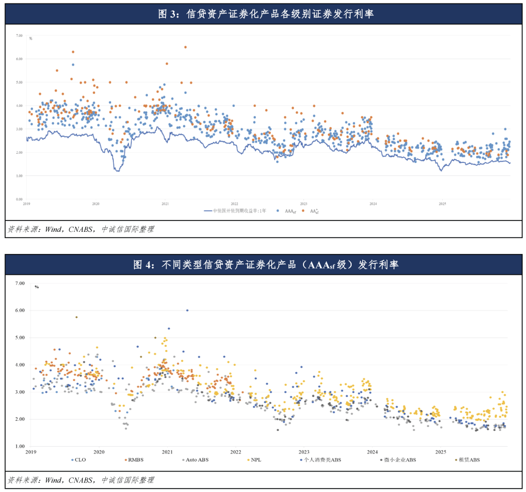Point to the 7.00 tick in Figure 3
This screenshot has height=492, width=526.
[x=19, y=36]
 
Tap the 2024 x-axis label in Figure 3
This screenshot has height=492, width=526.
[x=373, y=204]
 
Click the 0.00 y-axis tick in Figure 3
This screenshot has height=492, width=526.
[x=19, y=199]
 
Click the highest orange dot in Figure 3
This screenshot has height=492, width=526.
[x=185, y=47]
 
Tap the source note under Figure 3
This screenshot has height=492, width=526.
[x=80, y=229]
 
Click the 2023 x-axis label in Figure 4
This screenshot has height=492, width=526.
[x=303, y=452]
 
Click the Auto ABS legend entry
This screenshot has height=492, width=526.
[x=196, y=460]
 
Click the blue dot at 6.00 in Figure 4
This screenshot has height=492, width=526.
[x=187, y=310]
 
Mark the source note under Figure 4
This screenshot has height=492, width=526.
[x=80, y=480]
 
